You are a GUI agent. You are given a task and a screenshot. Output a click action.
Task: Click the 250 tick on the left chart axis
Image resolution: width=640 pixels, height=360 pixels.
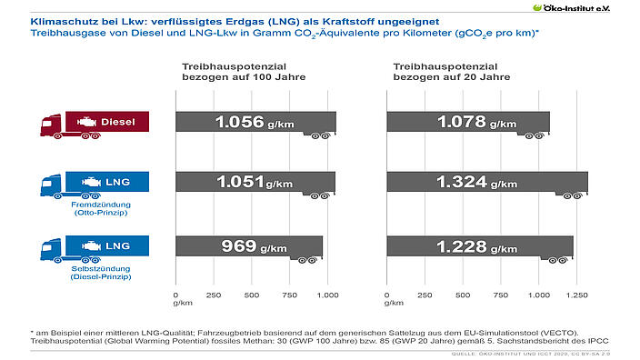click(214, 295)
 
